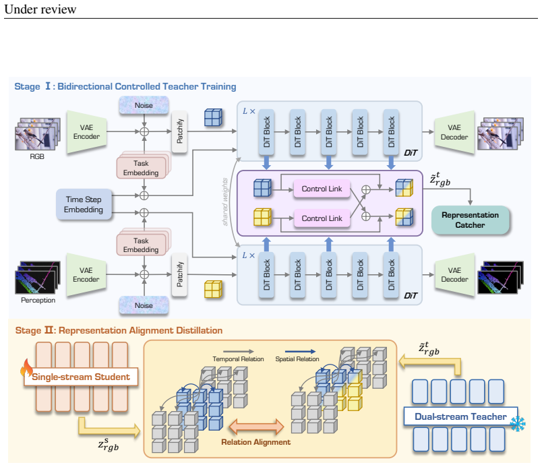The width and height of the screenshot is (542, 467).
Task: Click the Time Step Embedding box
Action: point(84,204)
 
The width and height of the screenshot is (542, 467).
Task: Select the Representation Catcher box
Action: point(470,220)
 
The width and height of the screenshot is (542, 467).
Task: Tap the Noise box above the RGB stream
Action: point(144,105)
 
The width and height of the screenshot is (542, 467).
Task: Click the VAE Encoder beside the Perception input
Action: point(86,274)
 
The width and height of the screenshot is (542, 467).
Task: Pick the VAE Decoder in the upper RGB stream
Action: point(454,132)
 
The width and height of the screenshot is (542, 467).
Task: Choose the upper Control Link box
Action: point(322,189)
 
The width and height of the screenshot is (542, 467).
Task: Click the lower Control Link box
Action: point(322,218)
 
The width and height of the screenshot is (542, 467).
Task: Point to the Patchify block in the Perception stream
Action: point(179,274)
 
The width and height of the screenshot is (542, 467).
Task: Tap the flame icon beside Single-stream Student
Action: point(26,367)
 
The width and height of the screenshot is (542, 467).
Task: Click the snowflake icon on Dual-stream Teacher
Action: point(518,424)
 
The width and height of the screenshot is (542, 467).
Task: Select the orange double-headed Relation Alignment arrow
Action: point(256,427)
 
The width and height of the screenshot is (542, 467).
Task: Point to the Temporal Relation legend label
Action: point(238,359)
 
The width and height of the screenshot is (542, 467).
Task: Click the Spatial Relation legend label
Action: point(297,359)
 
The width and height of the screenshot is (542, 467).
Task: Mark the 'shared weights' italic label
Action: point(225,201)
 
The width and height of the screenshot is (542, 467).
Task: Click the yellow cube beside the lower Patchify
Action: point(213,289)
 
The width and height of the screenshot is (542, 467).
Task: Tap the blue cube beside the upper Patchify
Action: point(213,117)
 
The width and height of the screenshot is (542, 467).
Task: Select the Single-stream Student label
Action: point(81,377)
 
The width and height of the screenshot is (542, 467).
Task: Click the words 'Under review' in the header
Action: point(40,9)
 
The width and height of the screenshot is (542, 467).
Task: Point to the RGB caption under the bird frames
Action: point(37,156)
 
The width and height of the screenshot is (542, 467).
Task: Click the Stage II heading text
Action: point(119,330)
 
